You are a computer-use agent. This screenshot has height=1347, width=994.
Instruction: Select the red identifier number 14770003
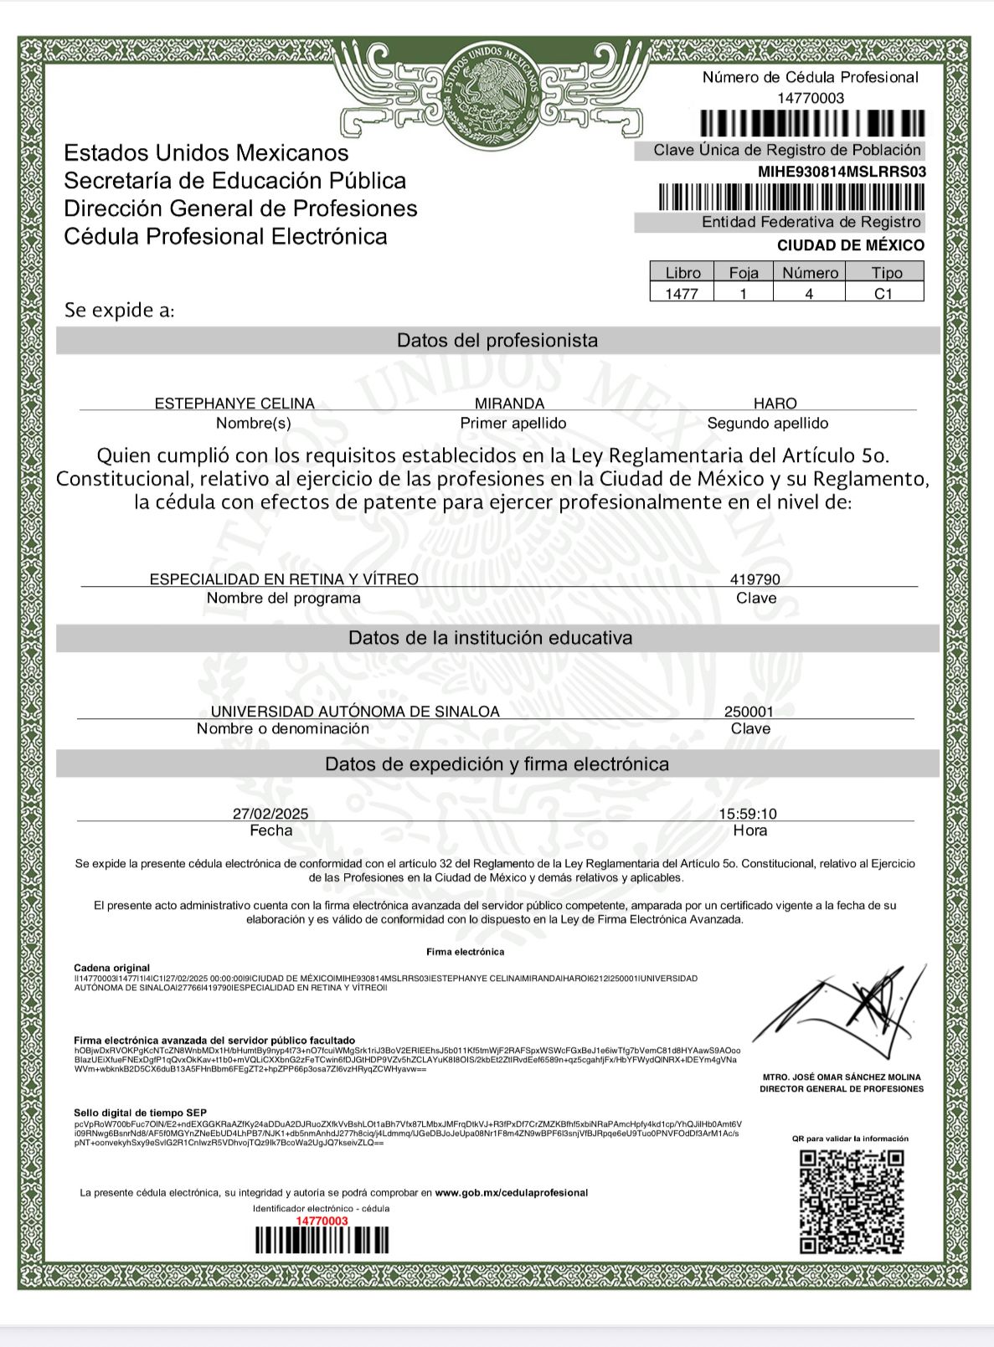click(x=322, y=1221)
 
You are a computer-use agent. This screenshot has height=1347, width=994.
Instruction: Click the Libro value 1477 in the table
click(x=682, y=294)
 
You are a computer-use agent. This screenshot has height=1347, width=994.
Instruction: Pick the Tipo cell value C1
click(x=883, y=294)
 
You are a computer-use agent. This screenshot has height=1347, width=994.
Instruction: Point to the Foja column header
click(x=744, y=273)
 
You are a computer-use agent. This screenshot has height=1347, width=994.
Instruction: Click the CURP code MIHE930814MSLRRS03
click(x=842, y=172)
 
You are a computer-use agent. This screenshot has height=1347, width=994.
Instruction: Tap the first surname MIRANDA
click(x=509, y=404)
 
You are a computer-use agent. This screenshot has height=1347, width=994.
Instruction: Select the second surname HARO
click(x=775, y=404)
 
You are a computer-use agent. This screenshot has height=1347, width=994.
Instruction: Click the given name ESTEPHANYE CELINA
click(x=234, y=404)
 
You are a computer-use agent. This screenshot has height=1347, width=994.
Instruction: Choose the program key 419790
click(x=755, y=579)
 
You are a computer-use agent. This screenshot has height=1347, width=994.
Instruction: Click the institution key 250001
click(x=749, y=712)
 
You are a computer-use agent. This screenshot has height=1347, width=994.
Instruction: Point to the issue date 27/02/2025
click(x=270, y=814)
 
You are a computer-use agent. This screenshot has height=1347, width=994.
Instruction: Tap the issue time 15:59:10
click(x=748, y=814)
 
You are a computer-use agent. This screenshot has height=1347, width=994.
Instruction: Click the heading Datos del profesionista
click(x=497, y=341)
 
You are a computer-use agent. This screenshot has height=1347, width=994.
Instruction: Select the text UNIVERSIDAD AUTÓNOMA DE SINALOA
click(x=355, y=712)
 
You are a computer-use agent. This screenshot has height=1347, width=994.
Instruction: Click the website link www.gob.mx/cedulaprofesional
click(x=511, y=1193)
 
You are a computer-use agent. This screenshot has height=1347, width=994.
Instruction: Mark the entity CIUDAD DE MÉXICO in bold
click(x=851, y=245)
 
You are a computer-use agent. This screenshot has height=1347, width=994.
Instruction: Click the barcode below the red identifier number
click(x=322, y=1240)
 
